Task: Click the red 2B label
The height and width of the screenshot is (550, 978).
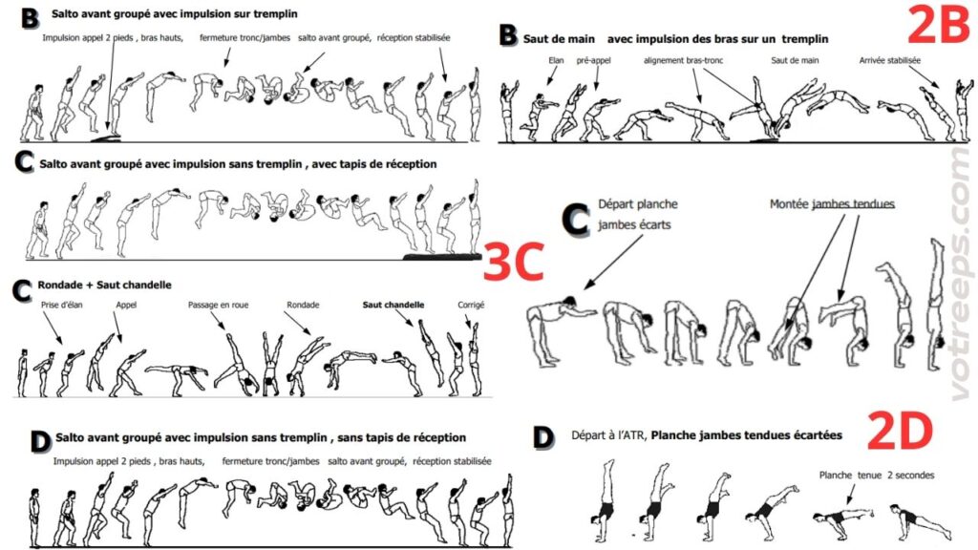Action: (938, 25)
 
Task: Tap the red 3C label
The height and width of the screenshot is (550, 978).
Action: (514, 262)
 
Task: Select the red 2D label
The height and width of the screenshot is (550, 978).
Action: (900, 431)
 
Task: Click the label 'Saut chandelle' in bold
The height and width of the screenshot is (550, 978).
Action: (393, 305)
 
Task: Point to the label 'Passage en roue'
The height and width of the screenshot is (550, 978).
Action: (219, 305)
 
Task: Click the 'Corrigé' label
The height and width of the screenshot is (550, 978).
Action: (471, 305)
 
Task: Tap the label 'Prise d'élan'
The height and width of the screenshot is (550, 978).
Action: (62, 305)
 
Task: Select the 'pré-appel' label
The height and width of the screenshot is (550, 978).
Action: (594, 60)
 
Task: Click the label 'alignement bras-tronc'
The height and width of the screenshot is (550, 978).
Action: (684, 60)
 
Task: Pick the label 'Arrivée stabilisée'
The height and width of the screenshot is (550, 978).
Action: (889, 60)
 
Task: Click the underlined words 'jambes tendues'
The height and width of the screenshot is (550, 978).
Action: (853, 204)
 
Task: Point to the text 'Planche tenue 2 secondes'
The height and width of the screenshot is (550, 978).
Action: (877, 476)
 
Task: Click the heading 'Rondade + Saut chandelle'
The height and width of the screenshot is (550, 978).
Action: (105, 285)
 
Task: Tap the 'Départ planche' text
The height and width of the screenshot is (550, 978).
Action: (637, 204)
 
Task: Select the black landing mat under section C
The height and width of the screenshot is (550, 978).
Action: (441, 256)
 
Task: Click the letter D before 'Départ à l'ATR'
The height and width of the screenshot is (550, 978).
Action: (543, 437)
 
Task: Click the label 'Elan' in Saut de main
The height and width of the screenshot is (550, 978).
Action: (556, 60)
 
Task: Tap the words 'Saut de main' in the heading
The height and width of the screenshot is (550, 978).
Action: (559, 38)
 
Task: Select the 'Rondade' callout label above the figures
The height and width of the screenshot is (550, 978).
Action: (303, 305)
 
